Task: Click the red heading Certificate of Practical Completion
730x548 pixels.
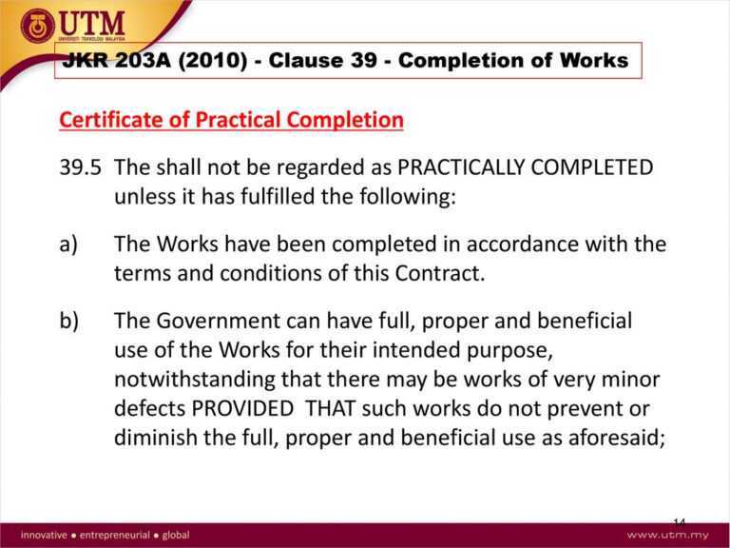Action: click(x=231, y=121)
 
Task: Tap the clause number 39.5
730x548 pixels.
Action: click(x=79, y=167)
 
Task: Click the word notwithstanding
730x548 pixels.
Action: click(x=193, y=381)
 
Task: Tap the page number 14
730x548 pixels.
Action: click(x=679, y=522)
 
